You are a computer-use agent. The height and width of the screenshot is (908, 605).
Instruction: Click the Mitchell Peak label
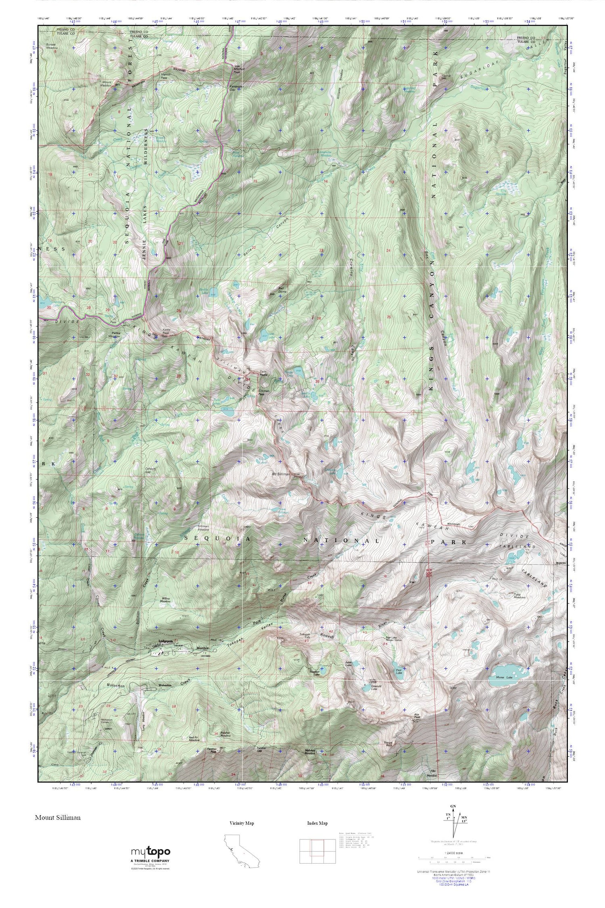(x=237, y=69)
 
